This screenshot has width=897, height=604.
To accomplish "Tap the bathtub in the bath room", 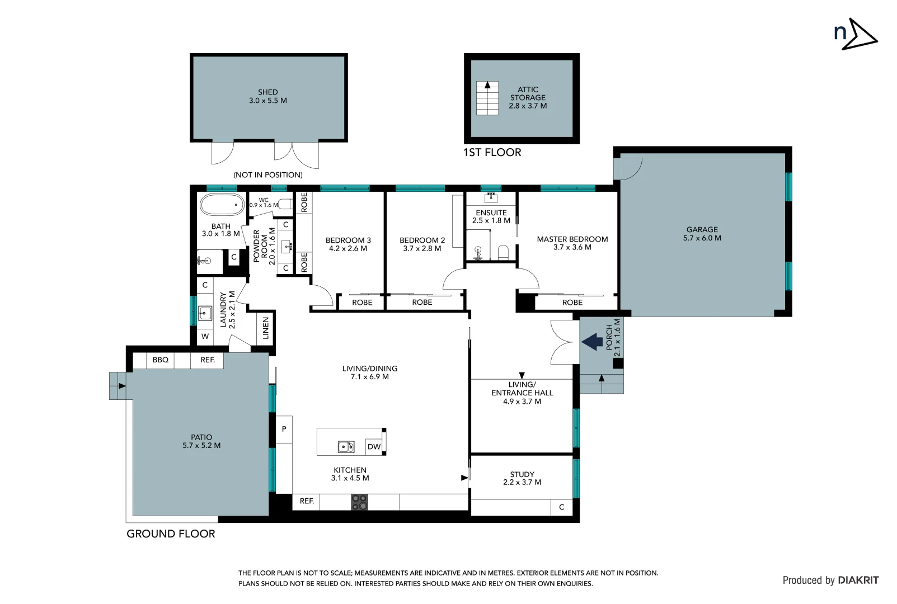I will tap(222, 205).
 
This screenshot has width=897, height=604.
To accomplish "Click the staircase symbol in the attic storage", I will tap(487, 98).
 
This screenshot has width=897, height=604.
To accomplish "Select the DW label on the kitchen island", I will tap(374, 447).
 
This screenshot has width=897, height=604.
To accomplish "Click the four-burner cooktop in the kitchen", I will tap(359, 502).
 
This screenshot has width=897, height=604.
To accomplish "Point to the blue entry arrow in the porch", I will tap(592, 341).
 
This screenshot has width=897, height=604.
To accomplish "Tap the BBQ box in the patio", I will tap(161, 360).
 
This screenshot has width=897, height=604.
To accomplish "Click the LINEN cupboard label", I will tap(266, 328).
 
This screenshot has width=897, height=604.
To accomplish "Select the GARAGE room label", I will tap(702, 229).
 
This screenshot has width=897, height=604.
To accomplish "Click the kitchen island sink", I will tap(346, 446).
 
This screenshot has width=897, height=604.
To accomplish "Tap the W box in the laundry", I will tap(205, 337).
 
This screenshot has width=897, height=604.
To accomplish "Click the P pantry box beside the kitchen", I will tap(284, 430).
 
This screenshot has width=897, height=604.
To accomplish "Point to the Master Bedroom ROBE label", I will tap(572, 303).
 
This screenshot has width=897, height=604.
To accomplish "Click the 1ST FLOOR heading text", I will tap(492, 153).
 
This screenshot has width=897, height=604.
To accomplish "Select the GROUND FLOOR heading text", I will tap(171, 534).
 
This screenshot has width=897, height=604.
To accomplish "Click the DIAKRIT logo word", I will tap(858, 581).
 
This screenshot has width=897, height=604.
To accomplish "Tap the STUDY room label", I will tap(522, 474).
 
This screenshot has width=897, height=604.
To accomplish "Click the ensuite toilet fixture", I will tap(502, 253).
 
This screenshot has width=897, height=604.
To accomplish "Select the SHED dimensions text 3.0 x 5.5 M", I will tap(267, 101).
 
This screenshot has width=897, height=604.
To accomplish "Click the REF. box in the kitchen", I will tap(306, 502).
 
